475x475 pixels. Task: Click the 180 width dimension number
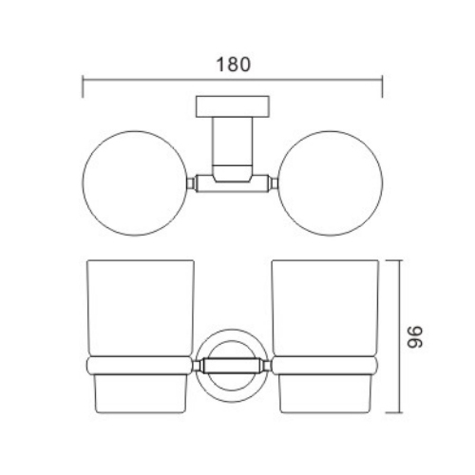click(234, 66)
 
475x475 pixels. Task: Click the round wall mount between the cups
click(232, 364)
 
